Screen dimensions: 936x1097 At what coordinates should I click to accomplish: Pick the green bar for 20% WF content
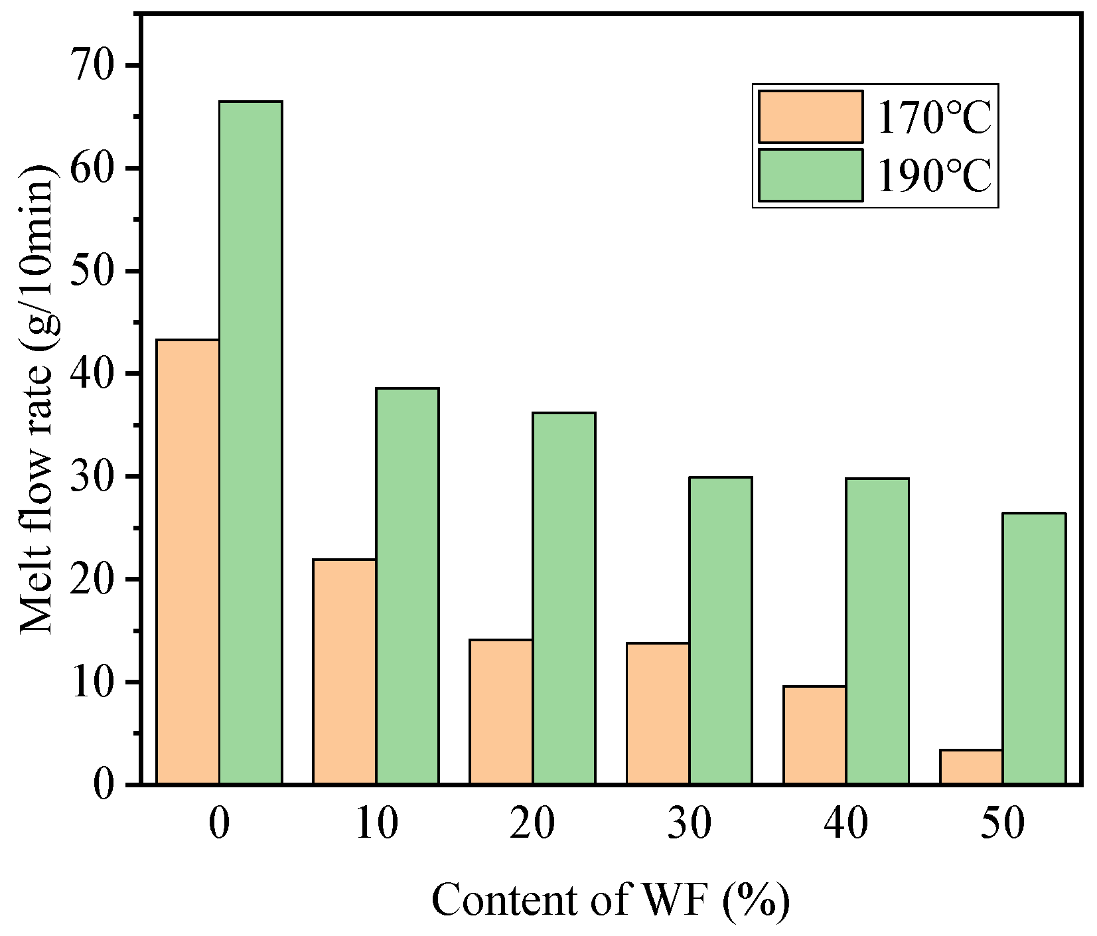pyautogui.click(x=563, y=598)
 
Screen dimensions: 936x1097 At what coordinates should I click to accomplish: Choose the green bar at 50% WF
pyautogui.click(x=1033, y=649)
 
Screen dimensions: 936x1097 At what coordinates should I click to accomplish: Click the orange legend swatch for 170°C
pyautogui.click(x=810, y=117)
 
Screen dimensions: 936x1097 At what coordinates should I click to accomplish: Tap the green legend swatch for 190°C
pyautogui.click(x=810, y=175)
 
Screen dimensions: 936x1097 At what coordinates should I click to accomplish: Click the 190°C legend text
pyautogui.click(x=934, y=176)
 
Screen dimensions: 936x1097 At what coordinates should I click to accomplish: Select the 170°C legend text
pyautogui.click(x=934, y=118)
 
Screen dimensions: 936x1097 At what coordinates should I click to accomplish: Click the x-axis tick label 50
pyautogui.click(x=1002, y=824)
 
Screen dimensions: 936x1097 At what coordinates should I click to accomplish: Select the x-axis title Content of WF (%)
pyautogui.click(x=611, y=900)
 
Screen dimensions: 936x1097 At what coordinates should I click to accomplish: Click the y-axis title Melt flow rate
pyautogui.click(x=38, y=398)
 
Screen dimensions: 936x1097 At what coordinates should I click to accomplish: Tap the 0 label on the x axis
pyautogui.click(x=219, y=824)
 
